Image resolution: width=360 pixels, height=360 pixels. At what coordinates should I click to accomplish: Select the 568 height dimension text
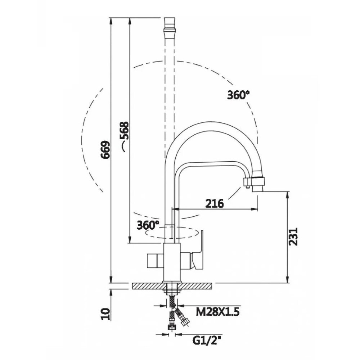click(x=125, y=132)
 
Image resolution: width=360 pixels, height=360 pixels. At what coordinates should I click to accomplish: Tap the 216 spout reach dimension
click(x=215, y=203)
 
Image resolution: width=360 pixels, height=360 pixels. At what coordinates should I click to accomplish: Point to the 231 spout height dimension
click(x=294, y=236)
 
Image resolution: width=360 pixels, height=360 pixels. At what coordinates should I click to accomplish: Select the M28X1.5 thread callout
click(x=217, y=311)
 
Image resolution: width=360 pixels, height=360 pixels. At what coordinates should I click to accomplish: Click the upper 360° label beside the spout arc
click(x=238, y=95)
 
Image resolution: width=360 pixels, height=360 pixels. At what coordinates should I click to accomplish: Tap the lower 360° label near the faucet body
click(x=148, y=225)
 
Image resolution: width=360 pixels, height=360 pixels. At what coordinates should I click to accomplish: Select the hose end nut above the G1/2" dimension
click(x=171, y=328)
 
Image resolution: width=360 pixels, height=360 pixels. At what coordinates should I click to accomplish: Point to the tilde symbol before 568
click(x=123, y=147)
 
